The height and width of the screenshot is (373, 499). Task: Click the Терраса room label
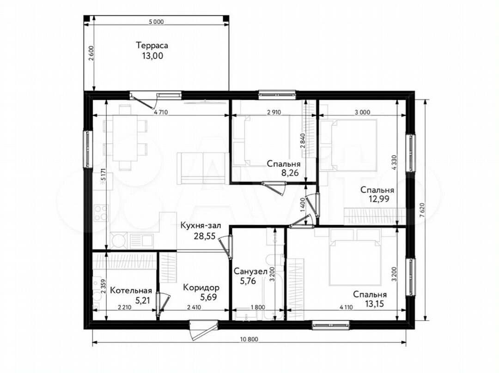pyautogui.click(x=152, y=46)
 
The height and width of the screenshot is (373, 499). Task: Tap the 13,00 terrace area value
pyautogui.click(x=152, y=56)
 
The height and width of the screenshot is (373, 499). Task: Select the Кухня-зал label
pyautogui.click(x=201, y=226)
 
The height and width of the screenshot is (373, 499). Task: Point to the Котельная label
pyautogui.click(x=131, y=290)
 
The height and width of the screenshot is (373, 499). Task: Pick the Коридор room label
pyautogui.click(x=201, y=288)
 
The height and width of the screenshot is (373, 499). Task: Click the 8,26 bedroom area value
pyautogui.click(x=289, y=173)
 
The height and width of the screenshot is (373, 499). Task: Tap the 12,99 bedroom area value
pyautogui.click(x=379, y=199)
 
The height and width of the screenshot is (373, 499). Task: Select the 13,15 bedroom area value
pyautogui.click(x=374, y=304)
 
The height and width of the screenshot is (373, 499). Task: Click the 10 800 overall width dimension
pyautogui.click(x=249, y=339)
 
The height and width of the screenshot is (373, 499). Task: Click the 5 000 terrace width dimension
pyautogui.click(x=156, y=22)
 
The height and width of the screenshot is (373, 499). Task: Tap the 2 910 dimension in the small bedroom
pyautogui.click(x=274, y=112)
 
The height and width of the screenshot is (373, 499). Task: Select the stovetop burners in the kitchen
pyautogui.click(x=101, y=213)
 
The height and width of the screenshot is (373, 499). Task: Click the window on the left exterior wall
pyautogui.click(x=87, y=149)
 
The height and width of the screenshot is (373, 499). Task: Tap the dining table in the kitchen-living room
pyautogui.click(x=125, y=138)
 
